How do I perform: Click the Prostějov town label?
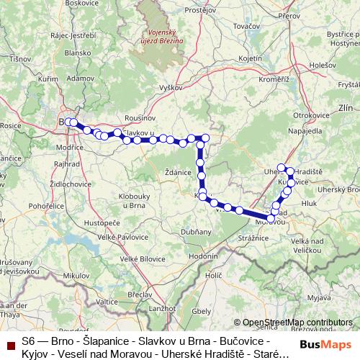201,11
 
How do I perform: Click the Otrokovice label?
310,114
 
